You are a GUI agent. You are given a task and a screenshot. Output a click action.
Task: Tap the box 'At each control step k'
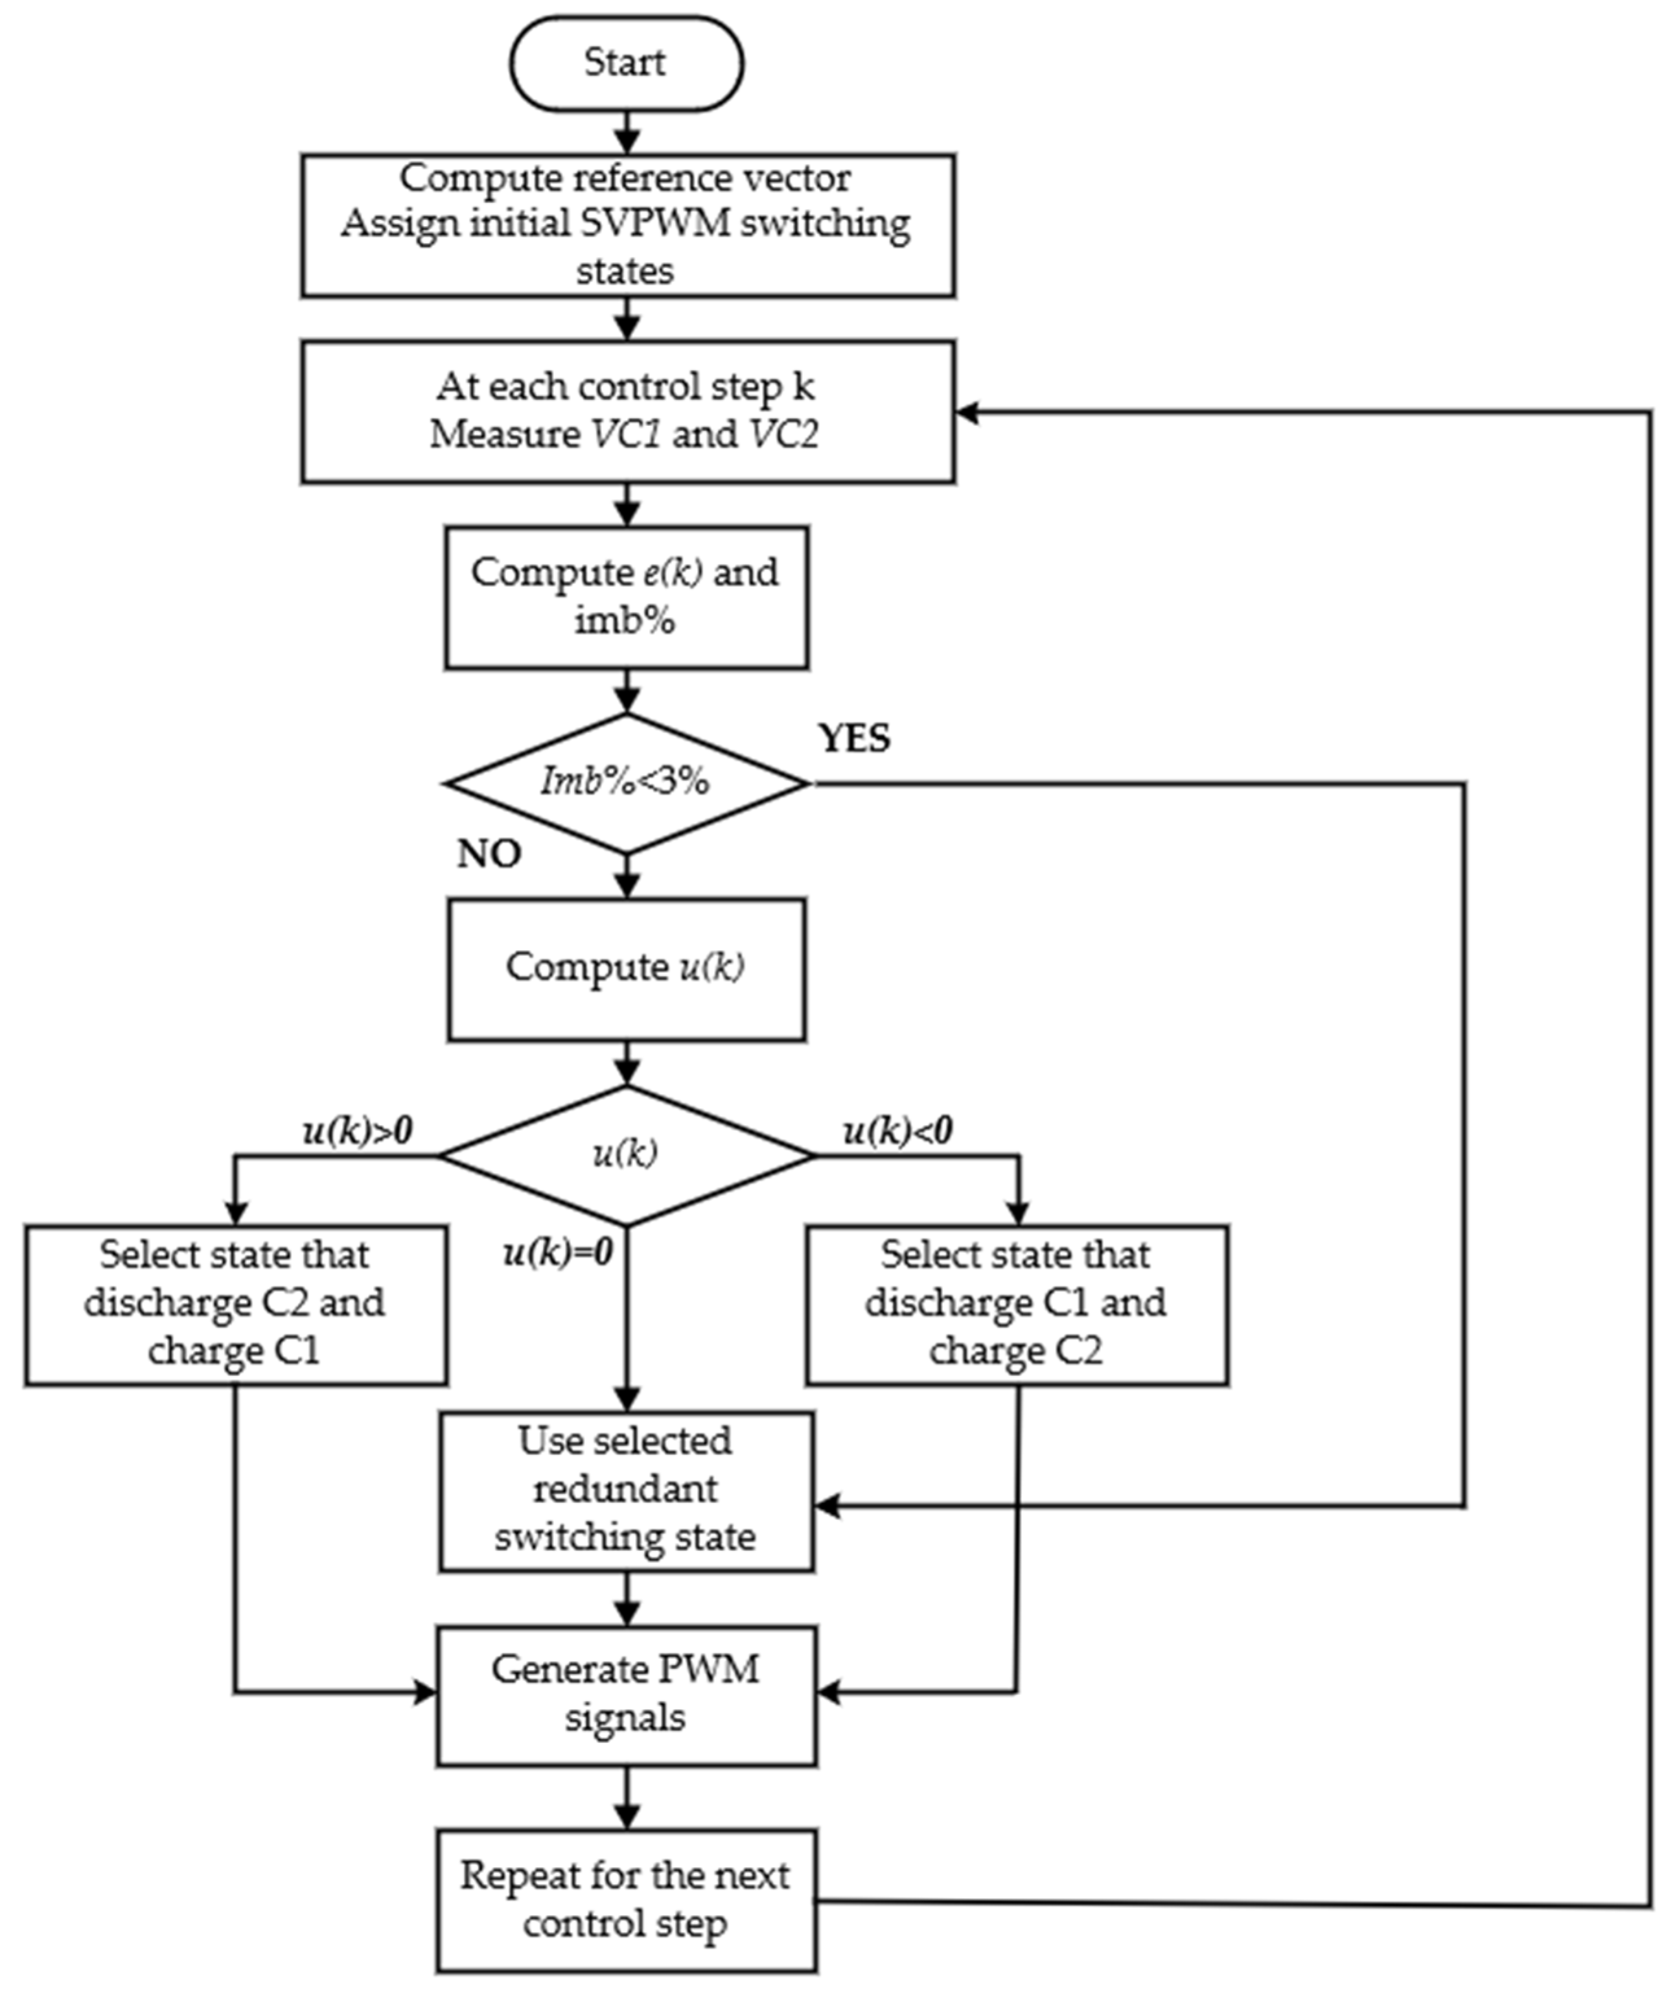click(x=627, y=411)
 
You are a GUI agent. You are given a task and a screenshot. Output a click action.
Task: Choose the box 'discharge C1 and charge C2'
click(x=1016, y=1303)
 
